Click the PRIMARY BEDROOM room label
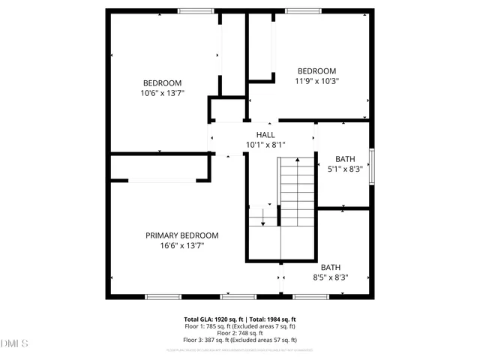tap(181, 235)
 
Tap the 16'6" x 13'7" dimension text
tap(181, 245)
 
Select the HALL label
tap(265, 134)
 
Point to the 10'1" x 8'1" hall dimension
tap(265, 145)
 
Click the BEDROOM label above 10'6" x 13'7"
tap(162, 82)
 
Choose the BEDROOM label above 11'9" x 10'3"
tap(316, 70)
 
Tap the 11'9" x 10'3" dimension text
tap(316, 81)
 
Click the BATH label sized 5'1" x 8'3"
tap(345, 158)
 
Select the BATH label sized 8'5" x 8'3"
tap(331, 267)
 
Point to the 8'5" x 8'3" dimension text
tap(331, 277)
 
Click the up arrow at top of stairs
tap(298, 160)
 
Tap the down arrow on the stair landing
tap(263, 220)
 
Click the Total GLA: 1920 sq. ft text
tap(240, 319)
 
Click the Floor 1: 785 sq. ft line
tap(240, 326)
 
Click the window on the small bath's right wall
tap(371, 164)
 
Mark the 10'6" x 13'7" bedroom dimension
tap(162, 93)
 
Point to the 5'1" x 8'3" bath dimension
tap(345, 169)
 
